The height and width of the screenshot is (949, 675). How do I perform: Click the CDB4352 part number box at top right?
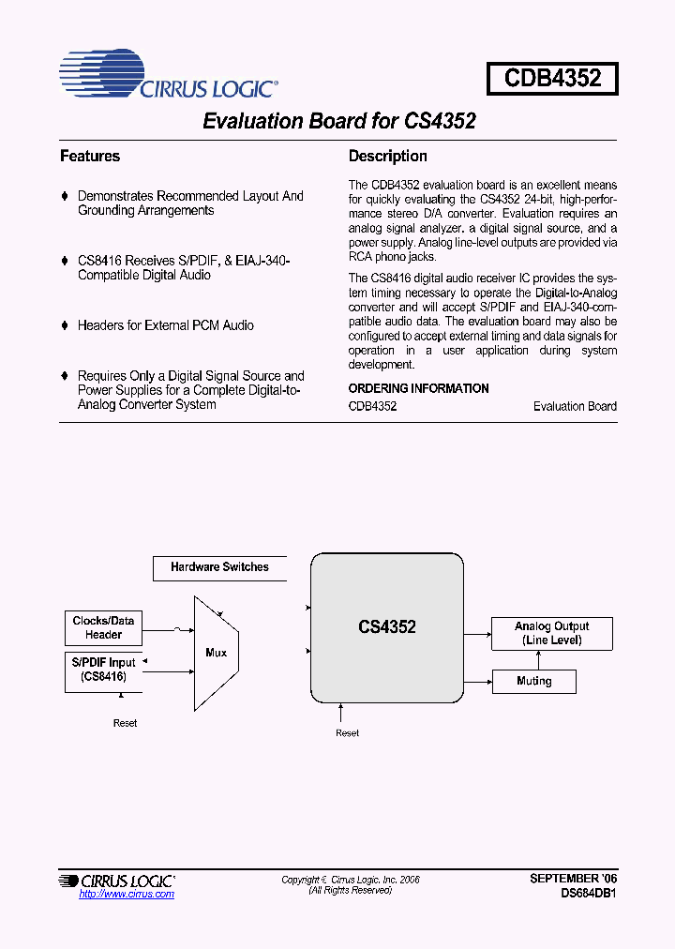(551, 78)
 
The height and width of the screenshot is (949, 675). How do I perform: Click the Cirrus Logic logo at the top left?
(167, 76)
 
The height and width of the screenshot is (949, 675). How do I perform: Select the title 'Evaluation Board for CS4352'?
(339, 122)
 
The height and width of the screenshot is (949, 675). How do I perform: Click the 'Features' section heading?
(90, 157)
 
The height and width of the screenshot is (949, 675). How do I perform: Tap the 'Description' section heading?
(387, 157)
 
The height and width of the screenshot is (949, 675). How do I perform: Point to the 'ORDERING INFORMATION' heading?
(418, 388)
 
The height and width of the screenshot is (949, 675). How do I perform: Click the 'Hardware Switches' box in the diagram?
(219, 567)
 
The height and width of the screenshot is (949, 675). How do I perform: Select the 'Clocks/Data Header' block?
(103, 627)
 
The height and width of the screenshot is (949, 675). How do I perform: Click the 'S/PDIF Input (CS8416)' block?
(103, 670)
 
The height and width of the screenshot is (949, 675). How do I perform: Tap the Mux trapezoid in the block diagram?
(216, 653)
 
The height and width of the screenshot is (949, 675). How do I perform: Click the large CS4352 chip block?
(387, 626)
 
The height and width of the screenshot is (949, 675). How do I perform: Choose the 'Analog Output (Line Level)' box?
(551, 633)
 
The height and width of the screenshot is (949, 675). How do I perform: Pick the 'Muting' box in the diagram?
(533, 681)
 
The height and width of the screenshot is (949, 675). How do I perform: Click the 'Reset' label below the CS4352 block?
(347, 733)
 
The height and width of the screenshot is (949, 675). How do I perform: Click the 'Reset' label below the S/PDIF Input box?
(125, 723)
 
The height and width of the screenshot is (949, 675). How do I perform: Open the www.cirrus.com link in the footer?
(127, 895)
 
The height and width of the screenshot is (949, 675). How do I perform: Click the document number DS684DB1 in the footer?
(588, 894)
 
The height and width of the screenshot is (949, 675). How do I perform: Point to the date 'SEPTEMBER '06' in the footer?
(573, 879)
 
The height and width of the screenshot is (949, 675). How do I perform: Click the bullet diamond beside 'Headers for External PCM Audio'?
(65, 325)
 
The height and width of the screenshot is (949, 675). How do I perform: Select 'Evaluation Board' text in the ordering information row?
(575, 406)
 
